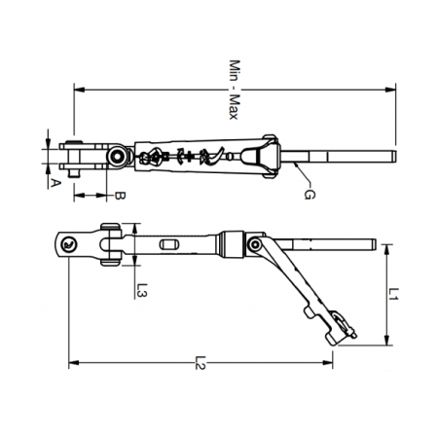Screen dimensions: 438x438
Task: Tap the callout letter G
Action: (x=309, y=197)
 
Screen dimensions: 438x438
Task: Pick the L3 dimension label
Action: (x=142, y=289)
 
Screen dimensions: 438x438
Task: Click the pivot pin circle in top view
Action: (x=117, y=156)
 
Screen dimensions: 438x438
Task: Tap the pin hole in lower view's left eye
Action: (x=67, y=245)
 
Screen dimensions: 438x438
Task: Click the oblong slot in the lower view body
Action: (x=169, y=244)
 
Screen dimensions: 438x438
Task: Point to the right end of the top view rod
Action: (x=392, y=156)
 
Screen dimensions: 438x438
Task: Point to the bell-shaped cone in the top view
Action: (x=256, y=156)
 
